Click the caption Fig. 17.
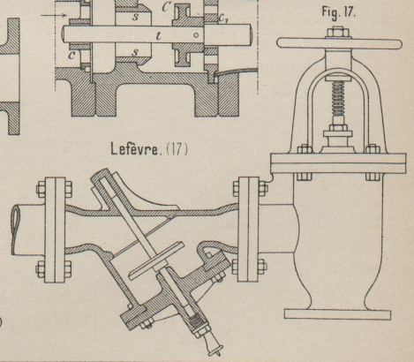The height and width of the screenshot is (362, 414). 339,12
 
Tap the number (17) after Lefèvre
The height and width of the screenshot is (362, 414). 177,149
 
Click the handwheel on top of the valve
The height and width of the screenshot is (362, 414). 339,44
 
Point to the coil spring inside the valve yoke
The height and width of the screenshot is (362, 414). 339,99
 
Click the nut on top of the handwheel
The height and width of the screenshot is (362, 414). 339,33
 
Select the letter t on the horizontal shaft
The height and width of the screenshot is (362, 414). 159,36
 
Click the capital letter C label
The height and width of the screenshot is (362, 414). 166,7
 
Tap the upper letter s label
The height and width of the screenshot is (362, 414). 135,17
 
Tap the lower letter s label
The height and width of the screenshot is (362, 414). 135,53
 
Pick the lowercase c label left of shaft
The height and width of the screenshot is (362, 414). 72,55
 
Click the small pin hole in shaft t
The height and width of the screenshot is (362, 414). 196,35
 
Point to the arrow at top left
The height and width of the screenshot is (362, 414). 54,15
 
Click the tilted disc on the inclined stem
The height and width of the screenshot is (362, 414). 156,260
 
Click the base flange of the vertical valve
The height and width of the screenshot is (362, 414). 337,314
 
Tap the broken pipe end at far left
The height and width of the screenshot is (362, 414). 15,230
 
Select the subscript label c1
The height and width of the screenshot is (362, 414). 223,19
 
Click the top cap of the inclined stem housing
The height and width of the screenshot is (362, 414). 101,175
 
